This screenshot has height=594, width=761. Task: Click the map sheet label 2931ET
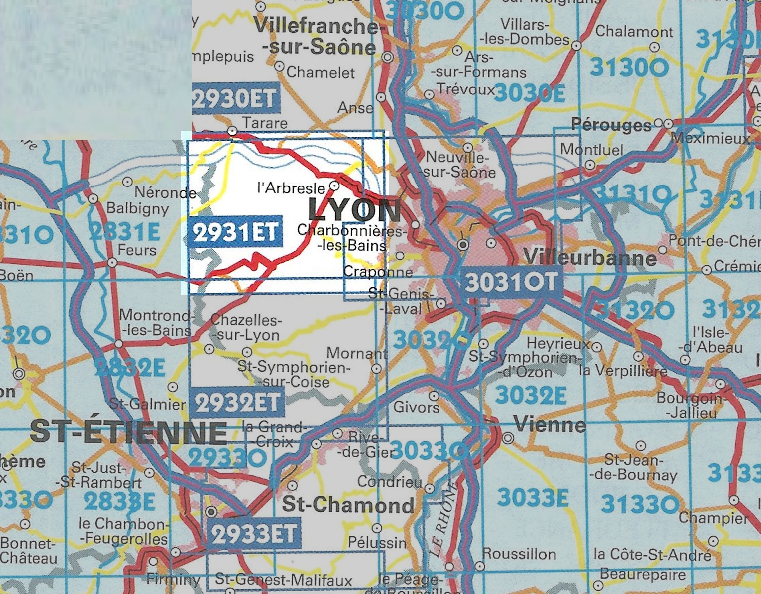click(236, 232)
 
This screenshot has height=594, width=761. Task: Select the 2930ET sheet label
click(236, 98)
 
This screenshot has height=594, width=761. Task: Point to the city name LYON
click(354, 210)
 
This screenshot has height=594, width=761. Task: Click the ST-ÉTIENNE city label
click(128, 432)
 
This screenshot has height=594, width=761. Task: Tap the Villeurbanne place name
click(590, 258)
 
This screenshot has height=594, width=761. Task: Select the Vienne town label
click(550, 425)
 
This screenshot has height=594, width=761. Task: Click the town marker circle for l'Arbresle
click(334, 185)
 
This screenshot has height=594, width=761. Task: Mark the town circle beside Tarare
click(233, 131)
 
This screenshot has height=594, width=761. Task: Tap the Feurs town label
click(137, 250)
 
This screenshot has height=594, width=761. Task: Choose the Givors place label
click(416, 407)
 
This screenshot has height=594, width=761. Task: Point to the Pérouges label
click(611, 125)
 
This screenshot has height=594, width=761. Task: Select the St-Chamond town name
click(348, 505)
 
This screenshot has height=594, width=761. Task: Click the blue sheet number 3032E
click(531, 395)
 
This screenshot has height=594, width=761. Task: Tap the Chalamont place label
click(634, 32)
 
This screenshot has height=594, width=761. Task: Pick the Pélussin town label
click(377, 543)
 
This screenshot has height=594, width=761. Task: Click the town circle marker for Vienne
click(508, 438)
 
